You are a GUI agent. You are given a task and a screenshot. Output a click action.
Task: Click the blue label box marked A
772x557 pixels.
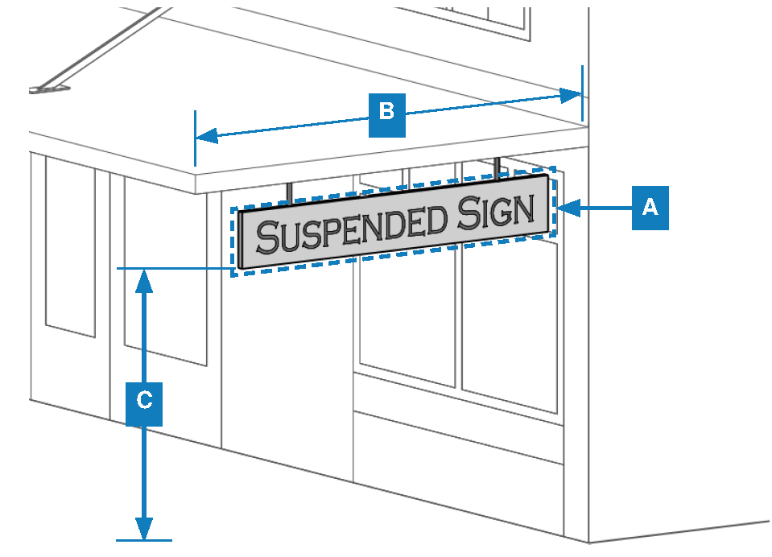650,208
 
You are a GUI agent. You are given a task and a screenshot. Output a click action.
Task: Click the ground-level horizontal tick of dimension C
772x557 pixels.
144,539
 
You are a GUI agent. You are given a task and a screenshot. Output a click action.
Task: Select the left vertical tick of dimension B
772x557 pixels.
195,138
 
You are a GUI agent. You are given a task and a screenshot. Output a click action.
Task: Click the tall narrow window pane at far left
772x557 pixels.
69,245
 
